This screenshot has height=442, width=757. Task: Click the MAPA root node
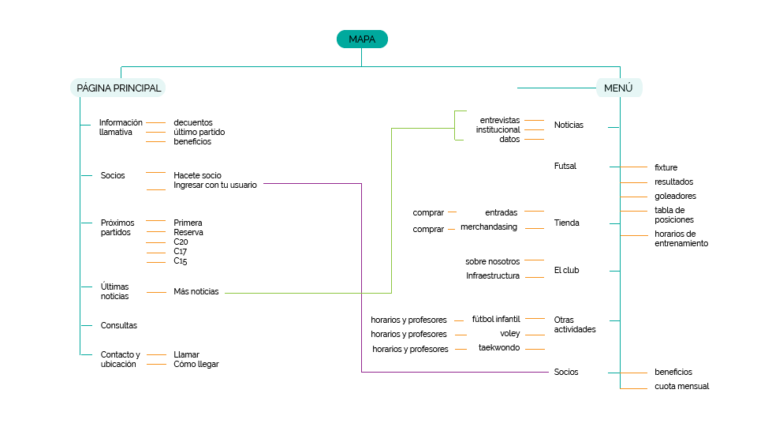pos(362,39)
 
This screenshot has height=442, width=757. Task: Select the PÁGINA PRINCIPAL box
pos(118,88)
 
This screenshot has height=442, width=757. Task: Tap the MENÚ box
pos(618,88)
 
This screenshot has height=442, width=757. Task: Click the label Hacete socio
pos(197,175)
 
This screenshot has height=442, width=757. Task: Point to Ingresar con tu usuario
pos(214,185)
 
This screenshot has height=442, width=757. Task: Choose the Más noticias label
pos(196,292)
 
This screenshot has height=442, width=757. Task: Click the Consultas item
pos(119,325)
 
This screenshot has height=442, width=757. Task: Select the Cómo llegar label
pos(196,365)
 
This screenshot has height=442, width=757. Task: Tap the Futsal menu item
pos(565,166)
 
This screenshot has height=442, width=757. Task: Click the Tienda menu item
pos(566,223)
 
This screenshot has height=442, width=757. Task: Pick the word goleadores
pos(675,196)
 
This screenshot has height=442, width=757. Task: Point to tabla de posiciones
pos(674,215)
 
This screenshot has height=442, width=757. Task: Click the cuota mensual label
pos(682,387)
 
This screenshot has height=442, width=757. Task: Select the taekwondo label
pos(499,347)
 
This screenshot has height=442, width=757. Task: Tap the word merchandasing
pos(489,227)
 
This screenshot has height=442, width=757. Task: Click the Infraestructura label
pos(493,275)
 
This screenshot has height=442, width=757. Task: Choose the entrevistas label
pos(500,119)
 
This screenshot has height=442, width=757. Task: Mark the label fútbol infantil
pos(496,319)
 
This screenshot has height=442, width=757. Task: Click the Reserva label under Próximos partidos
pos(188,232)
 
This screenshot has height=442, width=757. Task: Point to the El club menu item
pos(566,270)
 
